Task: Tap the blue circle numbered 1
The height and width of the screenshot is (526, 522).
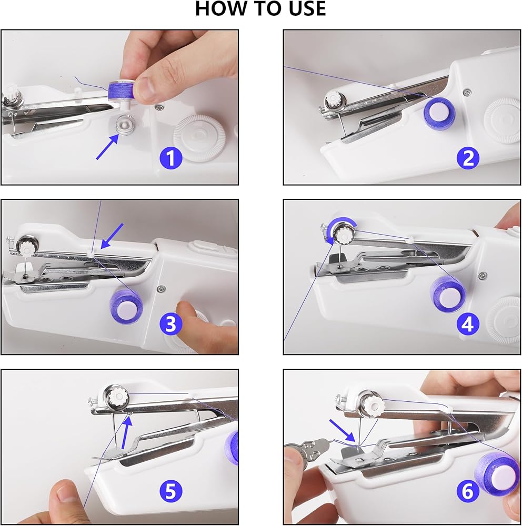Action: coord(171,158)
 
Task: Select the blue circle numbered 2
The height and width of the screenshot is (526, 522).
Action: coord(468,158)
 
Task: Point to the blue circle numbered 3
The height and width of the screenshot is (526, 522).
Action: coord(171,324)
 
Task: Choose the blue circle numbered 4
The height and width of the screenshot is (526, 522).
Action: coord(468,324)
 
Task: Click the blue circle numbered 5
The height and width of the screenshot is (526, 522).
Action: coord(171,491)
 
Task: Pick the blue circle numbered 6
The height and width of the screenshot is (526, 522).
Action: coord(468,491)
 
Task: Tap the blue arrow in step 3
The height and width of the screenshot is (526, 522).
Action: coord(112,236)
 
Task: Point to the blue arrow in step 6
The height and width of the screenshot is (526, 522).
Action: coord(342,430)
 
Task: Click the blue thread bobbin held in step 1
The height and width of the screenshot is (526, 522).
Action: coord(121,90)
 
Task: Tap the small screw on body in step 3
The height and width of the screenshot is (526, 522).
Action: coord(162,288)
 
